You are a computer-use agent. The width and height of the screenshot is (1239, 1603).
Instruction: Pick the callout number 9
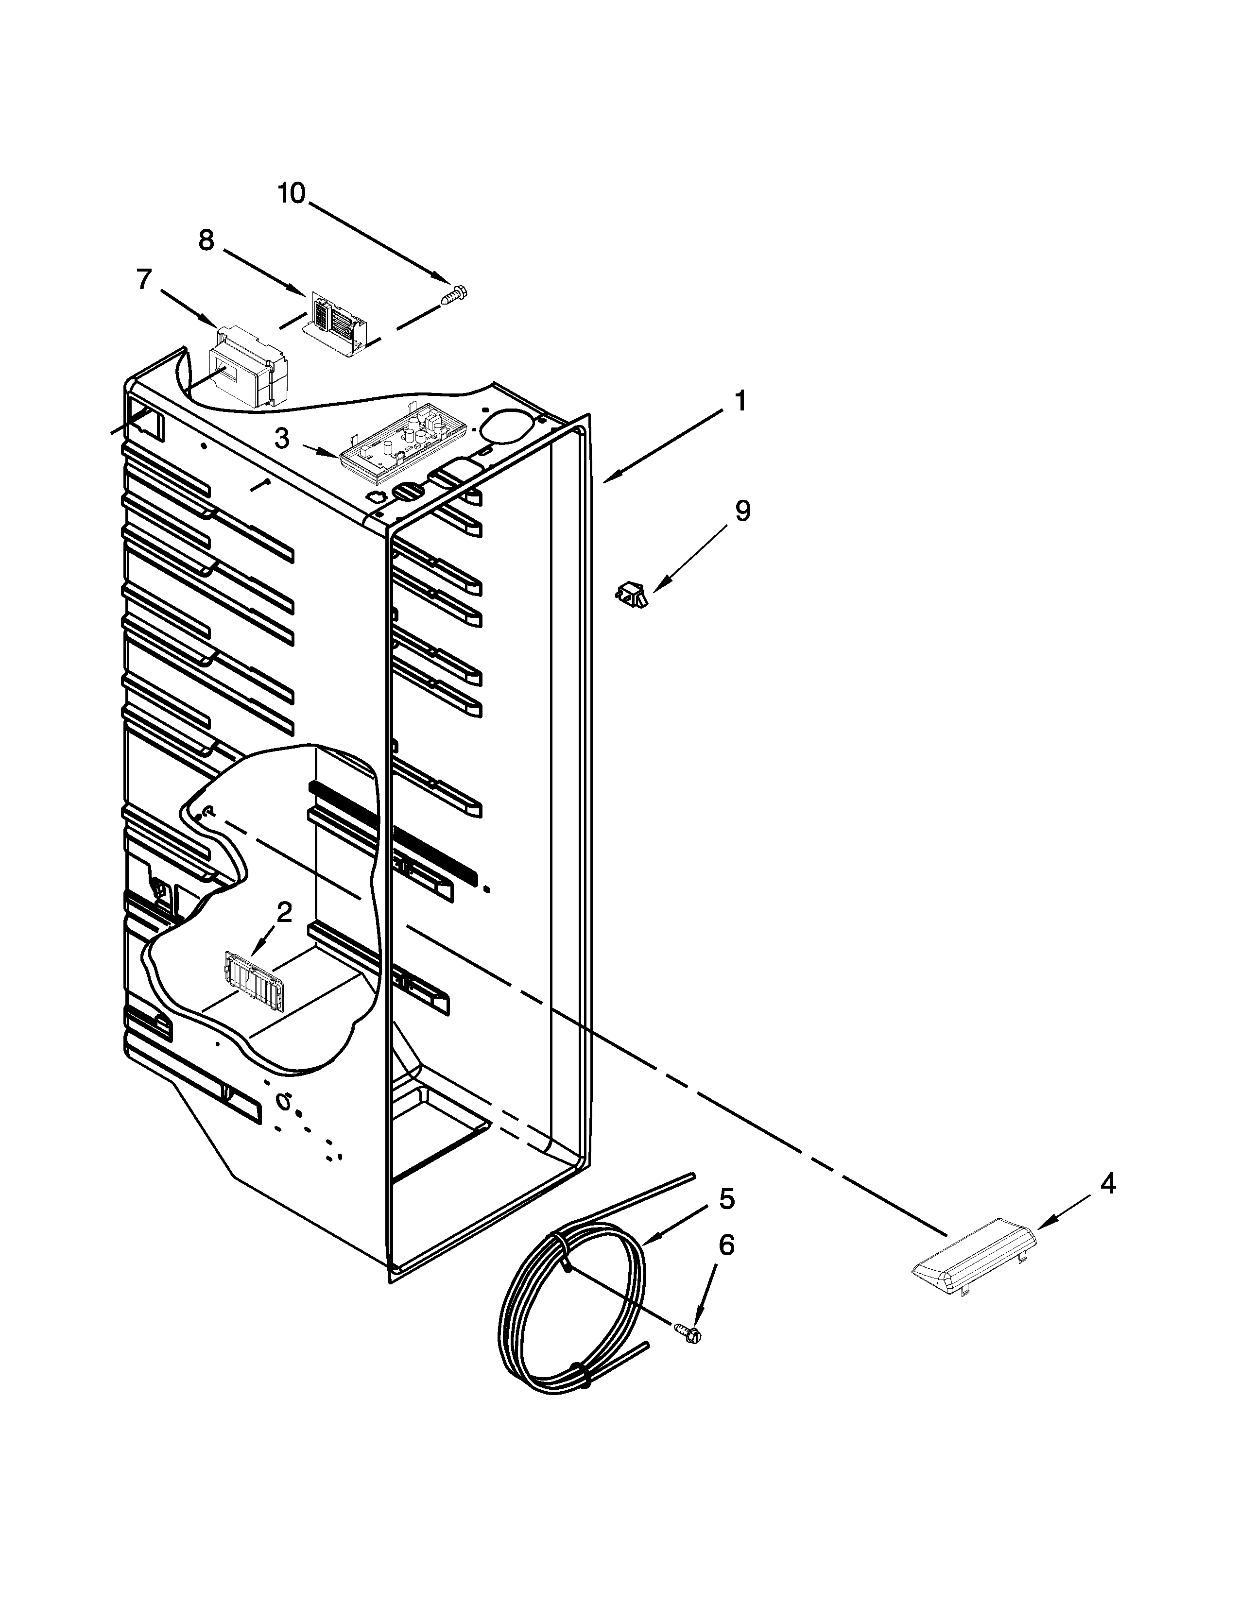click(x=743, y=511)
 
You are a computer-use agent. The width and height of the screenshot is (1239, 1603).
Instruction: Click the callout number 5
click(x=726, y=1199)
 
